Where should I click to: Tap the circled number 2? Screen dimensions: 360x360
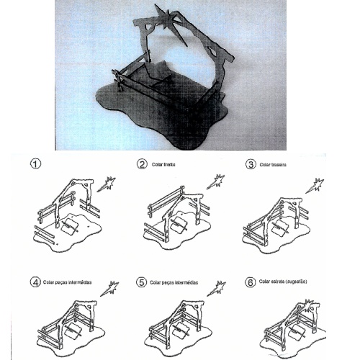[x=143, y=164]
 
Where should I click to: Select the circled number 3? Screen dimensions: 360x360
[x=251, y=164]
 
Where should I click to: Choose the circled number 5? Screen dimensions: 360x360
[x=143, y=282]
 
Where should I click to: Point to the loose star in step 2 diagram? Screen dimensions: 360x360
[x=215, y=181]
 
